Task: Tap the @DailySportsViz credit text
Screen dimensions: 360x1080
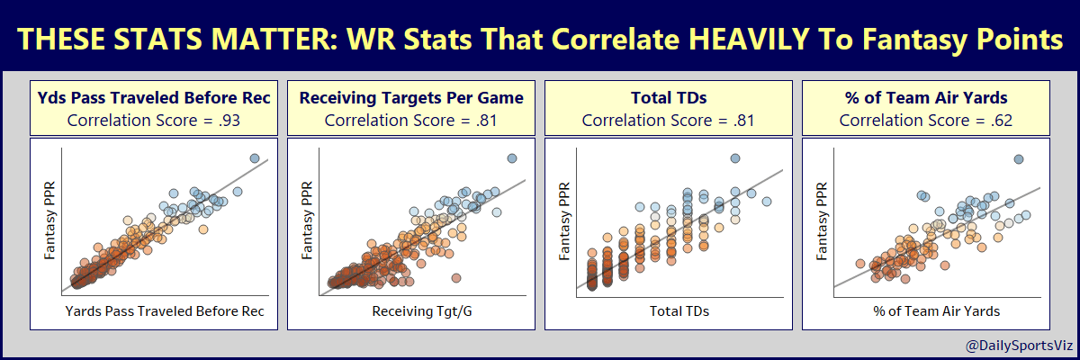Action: (1016, 345)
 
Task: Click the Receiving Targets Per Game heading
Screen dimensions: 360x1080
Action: (411, 97)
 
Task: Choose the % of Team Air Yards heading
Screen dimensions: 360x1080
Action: (926, 97)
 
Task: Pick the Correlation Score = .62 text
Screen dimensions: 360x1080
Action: (926, 119)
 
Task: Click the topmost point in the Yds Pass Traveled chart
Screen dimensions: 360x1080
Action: (255, 158)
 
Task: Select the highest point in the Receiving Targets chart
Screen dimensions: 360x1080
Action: (512, 158)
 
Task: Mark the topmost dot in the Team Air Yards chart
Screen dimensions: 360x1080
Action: (1019, 159)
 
